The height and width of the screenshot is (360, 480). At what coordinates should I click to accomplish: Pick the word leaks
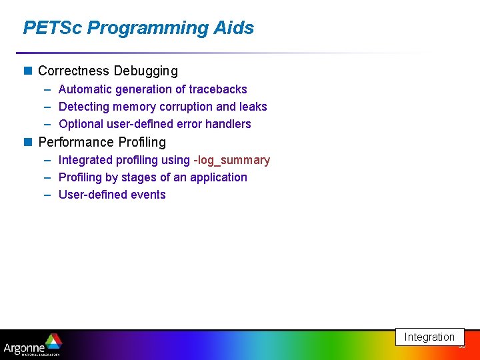point(253,107)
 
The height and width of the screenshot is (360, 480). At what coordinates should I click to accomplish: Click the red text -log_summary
point(231,160)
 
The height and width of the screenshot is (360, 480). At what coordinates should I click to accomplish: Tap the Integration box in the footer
point(429,337)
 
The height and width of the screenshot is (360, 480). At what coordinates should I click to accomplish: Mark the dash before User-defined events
point(47,195)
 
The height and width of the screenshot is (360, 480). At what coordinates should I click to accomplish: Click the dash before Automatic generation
point(47,89)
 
